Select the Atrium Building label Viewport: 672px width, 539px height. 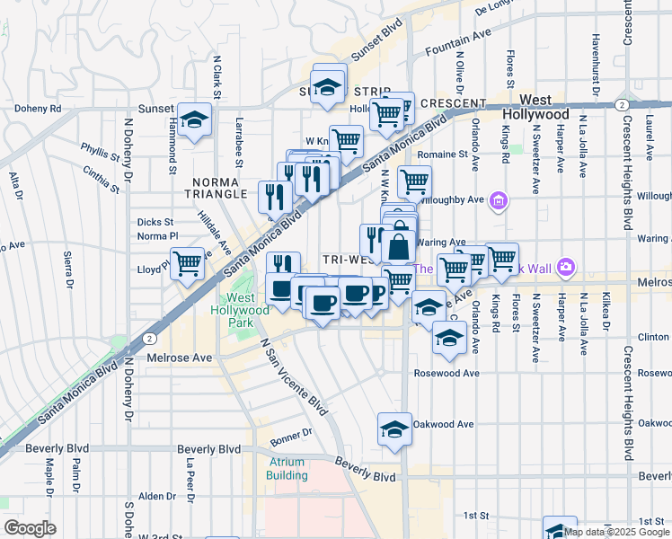pos(287,468)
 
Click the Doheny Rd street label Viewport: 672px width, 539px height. pos(37,109)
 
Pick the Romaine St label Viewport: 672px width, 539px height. pos(443,155)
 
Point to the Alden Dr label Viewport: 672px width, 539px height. pos(157,496)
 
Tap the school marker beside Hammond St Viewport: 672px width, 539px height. pos(192,120)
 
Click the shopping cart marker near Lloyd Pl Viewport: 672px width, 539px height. pos(188,264)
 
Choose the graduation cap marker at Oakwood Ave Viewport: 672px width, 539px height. pos(394,429)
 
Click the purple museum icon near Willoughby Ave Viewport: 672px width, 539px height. pos(500,204)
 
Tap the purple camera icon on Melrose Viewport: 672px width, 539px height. pos(565,267)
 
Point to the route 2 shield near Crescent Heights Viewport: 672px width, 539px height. pos(622,105)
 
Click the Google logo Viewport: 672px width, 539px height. pos(30,528)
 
